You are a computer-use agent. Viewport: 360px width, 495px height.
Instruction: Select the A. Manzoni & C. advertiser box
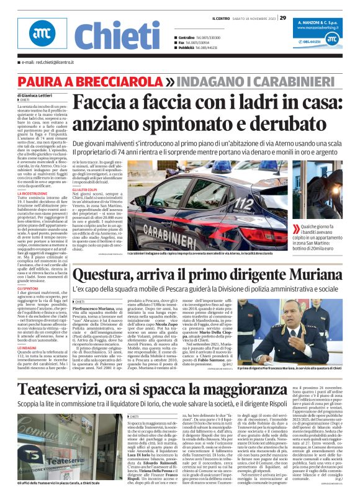(323, 35)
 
